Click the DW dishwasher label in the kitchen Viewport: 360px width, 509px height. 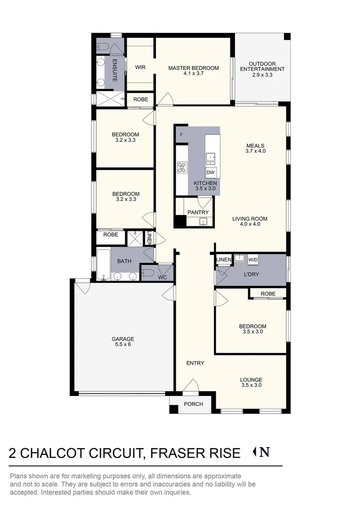tap(210, 172)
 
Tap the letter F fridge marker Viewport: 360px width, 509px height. tap(181, 135)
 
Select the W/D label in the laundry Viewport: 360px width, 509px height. tap(253, 260)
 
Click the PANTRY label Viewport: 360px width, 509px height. tap(198, 213)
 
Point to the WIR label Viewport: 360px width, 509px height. tap(140, 67)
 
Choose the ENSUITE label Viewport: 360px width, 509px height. tap(115, 70)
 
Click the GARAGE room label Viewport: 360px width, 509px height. tap(123, 339)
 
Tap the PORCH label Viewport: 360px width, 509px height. tap(193, 404)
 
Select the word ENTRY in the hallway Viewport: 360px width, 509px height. tap(195, 363)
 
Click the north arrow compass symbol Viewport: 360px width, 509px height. tap(262, 452)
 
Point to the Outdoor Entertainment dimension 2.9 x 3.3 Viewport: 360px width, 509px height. tap(262, 75)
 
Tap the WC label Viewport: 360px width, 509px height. tap(163, 278)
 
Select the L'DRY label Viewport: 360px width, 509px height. tap(251, 274)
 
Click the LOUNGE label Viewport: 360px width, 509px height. tap(251, 380)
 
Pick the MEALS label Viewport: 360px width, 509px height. tap(255, 146)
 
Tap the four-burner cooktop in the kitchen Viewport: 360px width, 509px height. tap(182, 167)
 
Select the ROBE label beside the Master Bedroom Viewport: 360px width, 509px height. tap(140, 99)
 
